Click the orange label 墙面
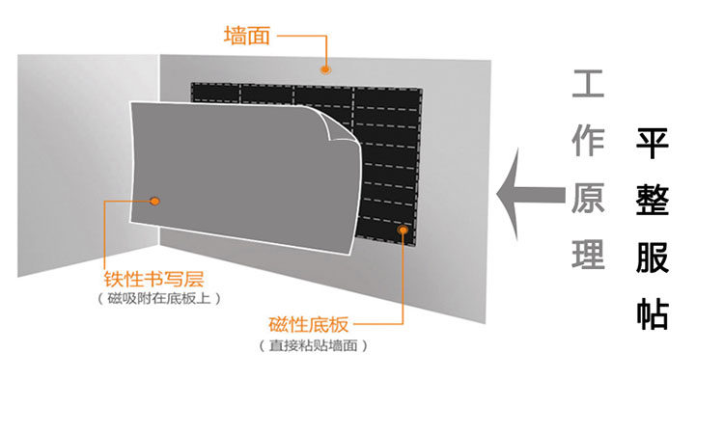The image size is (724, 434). coord(246,37)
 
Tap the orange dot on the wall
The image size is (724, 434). coord(326,69)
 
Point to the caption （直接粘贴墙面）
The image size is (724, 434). coord(313,344)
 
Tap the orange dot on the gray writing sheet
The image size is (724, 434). coord(154,202)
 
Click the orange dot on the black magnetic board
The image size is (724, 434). coord(404,230)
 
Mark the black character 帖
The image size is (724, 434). coord(654,313)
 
